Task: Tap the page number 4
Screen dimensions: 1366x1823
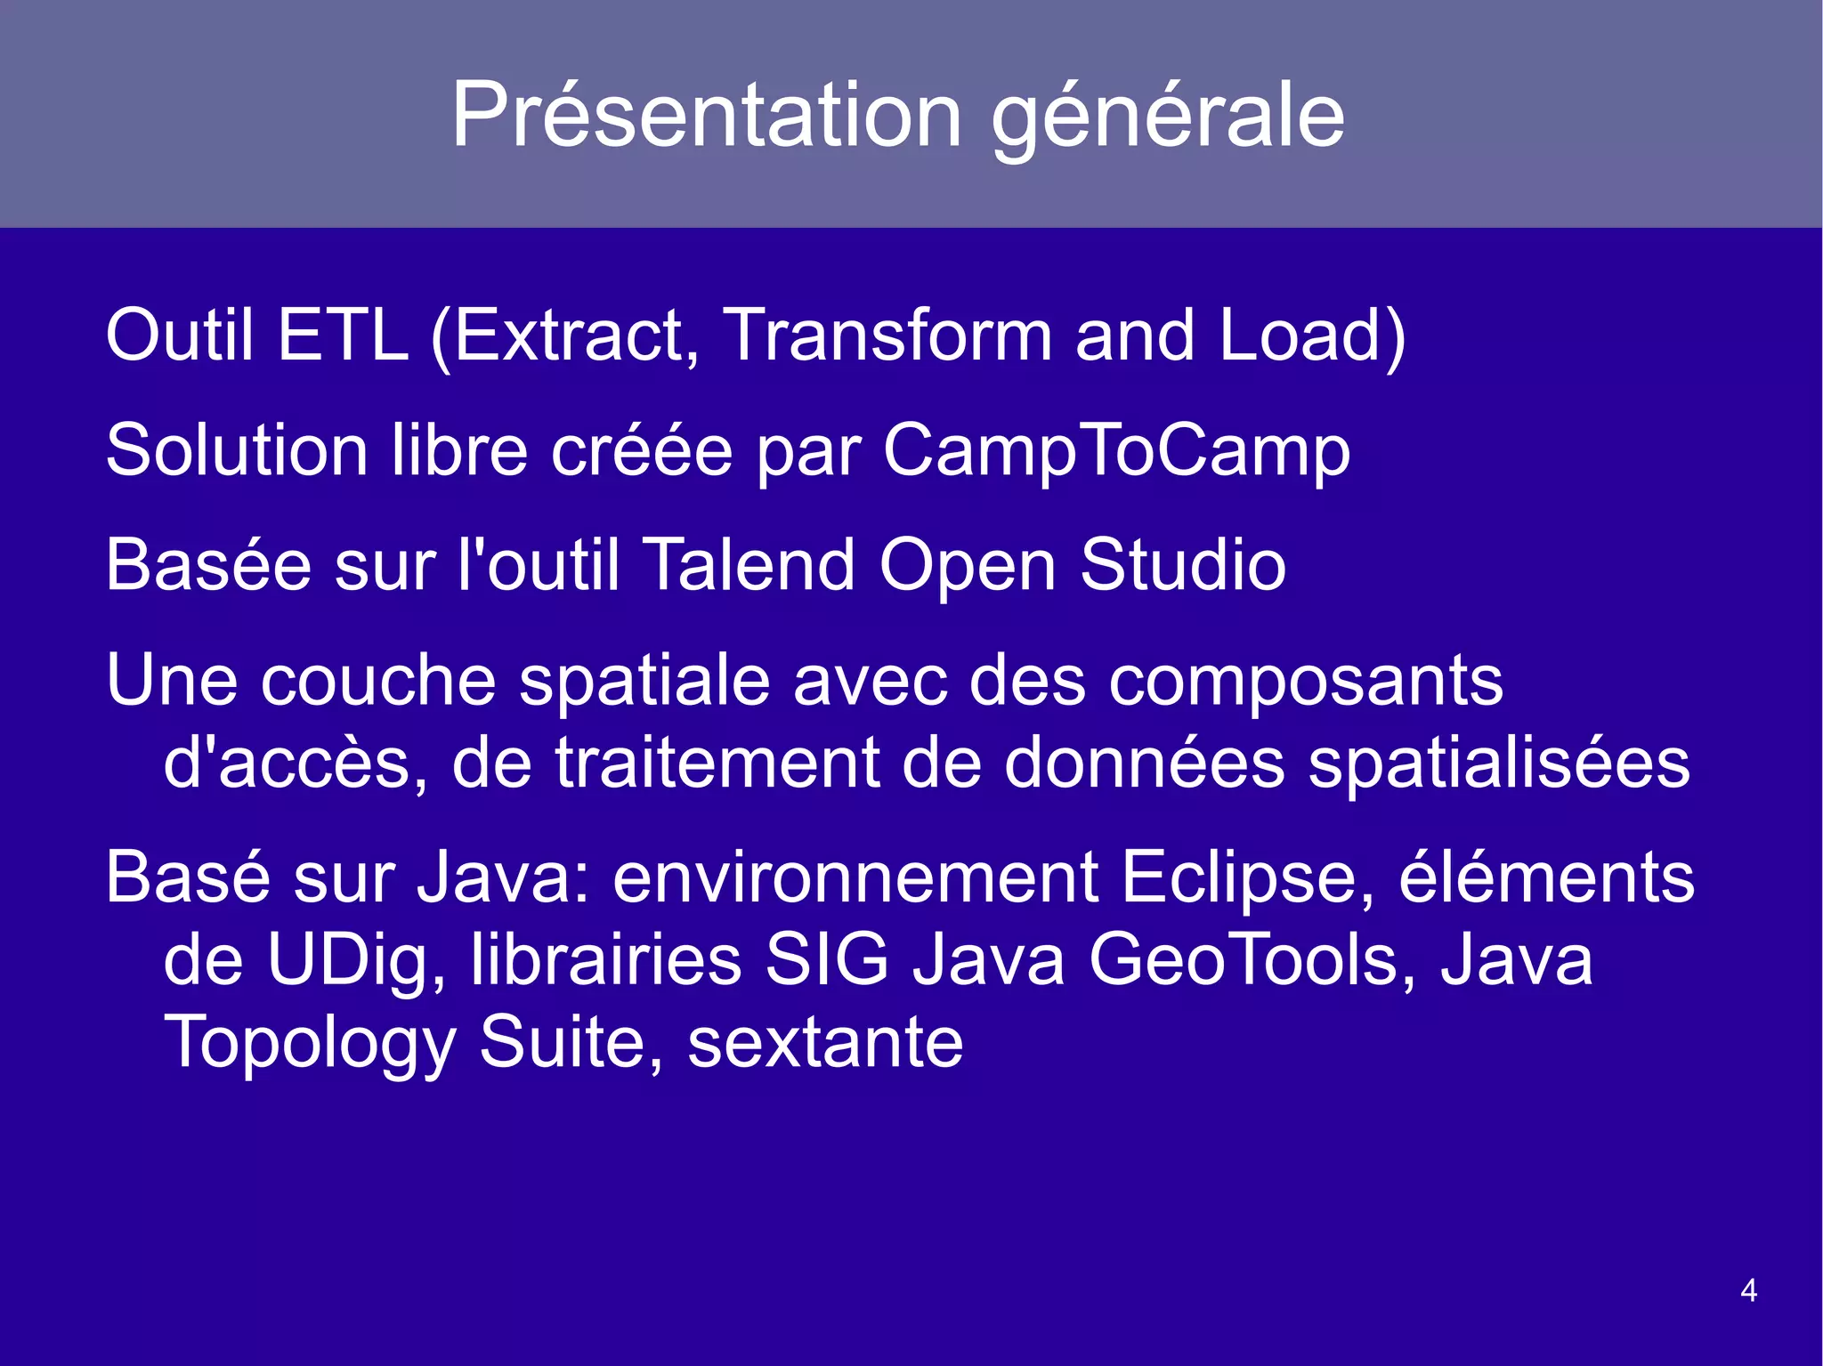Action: click(x=1748, y=1290)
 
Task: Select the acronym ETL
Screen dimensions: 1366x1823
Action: click(x=343, y=335)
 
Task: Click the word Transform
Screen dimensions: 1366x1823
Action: click(x=887, y=335)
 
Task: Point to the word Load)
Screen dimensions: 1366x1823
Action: click(x=1312, y=335)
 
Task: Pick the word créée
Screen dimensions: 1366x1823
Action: click(x=642, y=450)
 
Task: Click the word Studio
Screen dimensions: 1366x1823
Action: click(x=1183, y=565)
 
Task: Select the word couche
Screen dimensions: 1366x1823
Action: click(x=378, y=681)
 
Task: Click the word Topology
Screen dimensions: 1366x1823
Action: click(x=310, y=1043)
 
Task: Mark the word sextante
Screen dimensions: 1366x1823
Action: click(x=825, y=1043)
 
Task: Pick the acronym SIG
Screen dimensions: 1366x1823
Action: click(x=827, y=961)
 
